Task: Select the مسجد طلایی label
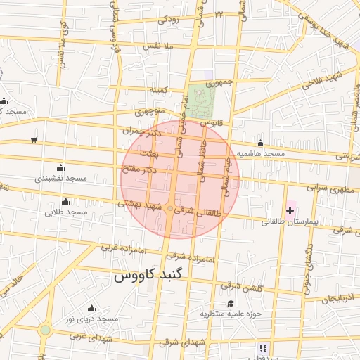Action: (x=65, y=212)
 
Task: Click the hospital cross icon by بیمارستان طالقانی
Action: (x=290, y=210)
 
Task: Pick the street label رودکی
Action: (x=169, y=20)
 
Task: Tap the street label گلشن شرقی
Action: (x=239, y=285)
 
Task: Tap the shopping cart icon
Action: (x=34, y=140)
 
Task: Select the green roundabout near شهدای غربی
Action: (x=46, y=330)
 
